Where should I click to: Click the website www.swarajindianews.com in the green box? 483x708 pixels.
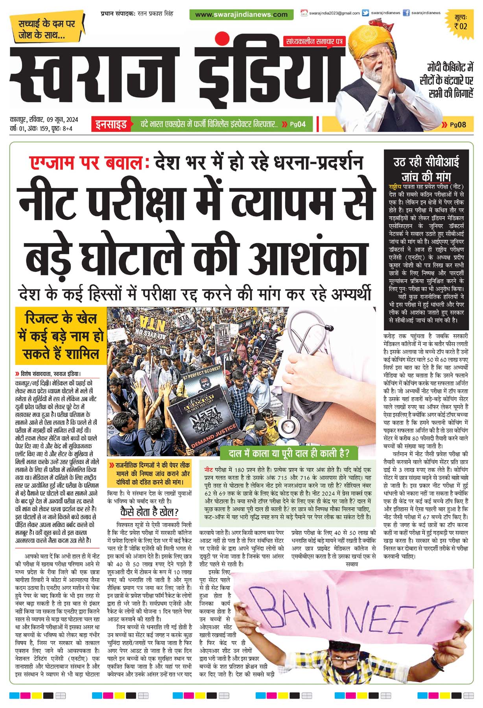tap(241, 15)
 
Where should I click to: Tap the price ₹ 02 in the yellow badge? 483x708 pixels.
tap(460, 26)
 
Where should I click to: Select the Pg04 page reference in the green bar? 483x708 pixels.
tap(297, 125)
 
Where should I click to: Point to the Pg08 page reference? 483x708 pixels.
tap(458, 125)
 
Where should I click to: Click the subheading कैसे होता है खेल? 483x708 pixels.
tap(149, 512)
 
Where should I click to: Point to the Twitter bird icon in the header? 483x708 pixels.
tap(365, 13)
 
